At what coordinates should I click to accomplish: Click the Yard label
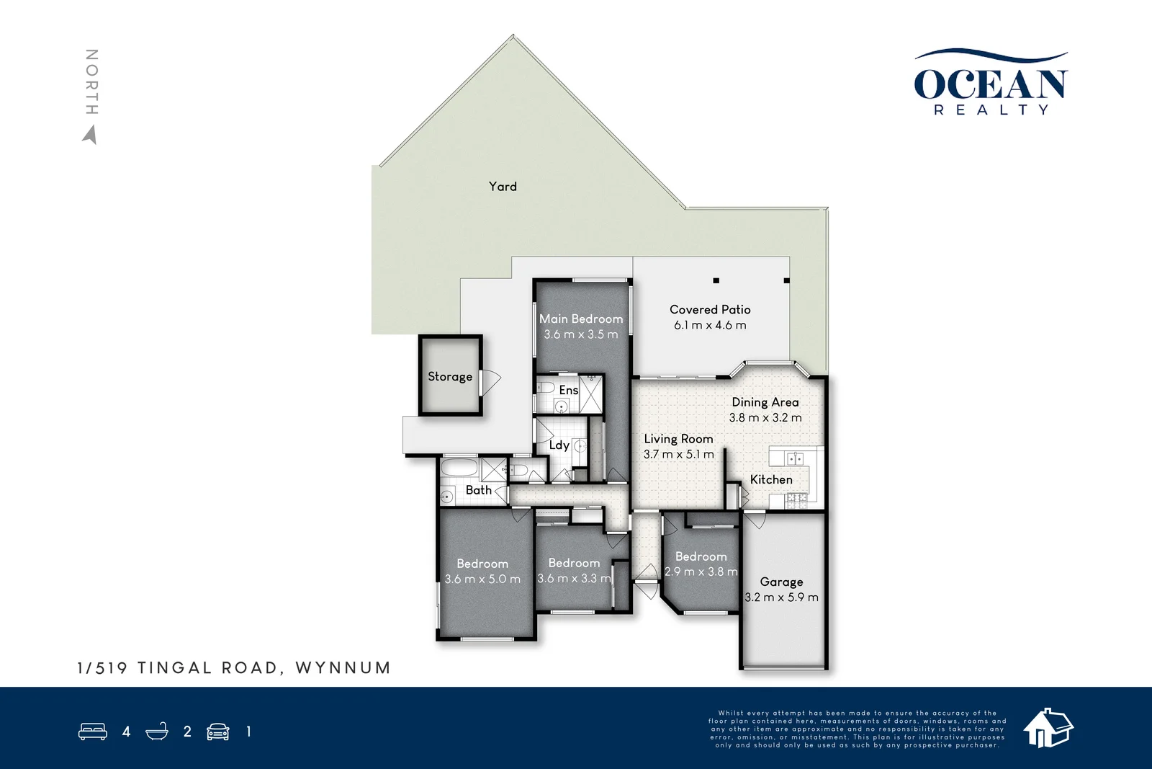click(x=503, y=187)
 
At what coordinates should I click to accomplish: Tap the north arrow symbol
click(x=90, y=135)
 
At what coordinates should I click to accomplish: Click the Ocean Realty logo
click(x=991, y=84)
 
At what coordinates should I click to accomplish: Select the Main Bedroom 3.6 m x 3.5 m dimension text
click(x=581, y=334)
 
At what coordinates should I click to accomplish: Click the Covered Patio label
click(x=710, y=309)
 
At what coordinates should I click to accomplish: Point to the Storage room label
click(x=450, y=376)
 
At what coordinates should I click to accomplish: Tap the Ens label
click(x=568, y=390)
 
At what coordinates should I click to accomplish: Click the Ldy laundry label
click(x=559, y=445)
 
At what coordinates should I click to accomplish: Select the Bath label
click(x=478, y=490)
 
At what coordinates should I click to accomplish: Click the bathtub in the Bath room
click(x=459, y=469)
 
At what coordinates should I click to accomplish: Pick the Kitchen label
click(x=771, y=479)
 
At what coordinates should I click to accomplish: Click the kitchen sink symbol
click(x=794, y=458)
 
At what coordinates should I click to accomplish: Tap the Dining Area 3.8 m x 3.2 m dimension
click(x=765, y=418)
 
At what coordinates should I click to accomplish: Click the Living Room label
click(x=678, y=439)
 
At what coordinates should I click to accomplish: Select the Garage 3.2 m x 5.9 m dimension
click(x=781, y=597)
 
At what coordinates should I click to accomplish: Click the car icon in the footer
click(x=218, y=732)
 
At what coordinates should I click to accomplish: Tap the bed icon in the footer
click(x=93, y=732)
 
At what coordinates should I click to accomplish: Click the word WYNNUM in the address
click(x=343, y=668)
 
